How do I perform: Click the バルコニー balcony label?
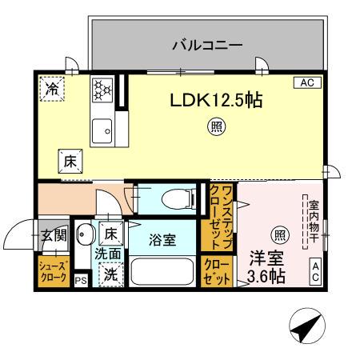click(x=207, y=46)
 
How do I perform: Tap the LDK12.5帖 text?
click(x=215, y=101)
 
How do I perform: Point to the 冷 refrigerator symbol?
click(x=52, y=89)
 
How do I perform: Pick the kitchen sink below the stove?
click(x=102, y=129)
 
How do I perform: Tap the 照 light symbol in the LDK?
click(x=215, y=125)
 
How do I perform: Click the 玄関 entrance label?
click(x=54, y=237)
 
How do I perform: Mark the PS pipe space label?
click(x=80, y=281)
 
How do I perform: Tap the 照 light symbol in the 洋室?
click(x=279, y=234)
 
